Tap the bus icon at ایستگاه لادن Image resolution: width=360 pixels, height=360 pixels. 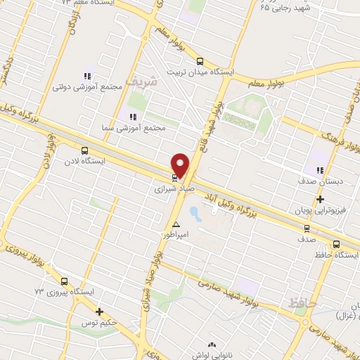pos(85,150)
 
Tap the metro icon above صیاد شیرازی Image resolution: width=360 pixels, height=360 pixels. pos(174,177)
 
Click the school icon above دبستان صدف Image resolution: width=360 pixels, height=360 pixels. pos(321,171)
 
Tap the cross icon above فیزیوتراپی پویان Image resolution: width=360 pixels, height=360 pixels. pos(321,200)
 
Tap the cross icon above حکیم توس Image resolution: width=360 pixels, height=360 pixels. pos(99,311)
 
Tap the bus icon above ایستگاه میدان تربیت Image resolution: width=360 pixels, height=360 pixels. pos(200,61)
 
